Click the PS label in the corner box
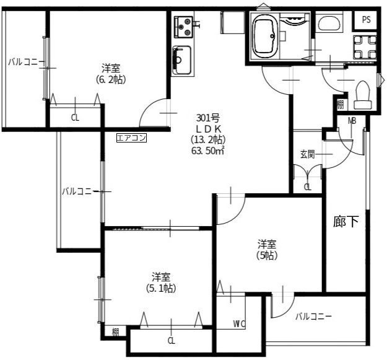pyautogui.click(x=367, y=19)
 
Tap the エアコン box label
pyautogui.click(x=131, y=138)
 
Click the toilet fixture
pyautogui.click(x=363, y=95)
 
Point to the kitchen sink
pyautogui.click(x=182, y=60)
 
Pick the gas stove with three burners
pyautogui.click(x=183, y=27)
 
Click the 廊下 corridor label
pyautogui.click(x=346, y=221)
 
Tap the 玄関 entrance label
pyautogui.click(x=308, y=154)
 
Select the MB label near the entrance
pyautogui.click(x=352, y=121)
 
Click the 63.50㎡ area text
pyautogui.click(x=208, y=151)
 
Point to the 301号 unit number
pyautogui.click(x=208, y=118)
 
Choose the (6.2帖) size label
pyautogui.click(x=111, y=79)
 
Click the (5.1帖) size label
pyautogui.click(x=161, y=288)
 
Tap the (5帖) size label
pyautogui.click(x=267, y=255)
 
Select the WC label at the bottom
pyautogui.click(x=239, y=323)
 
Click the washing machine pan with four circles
pyautogui.click(x=365, y=47)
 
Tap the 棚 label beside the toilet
pyautogui.click(x=341, y=105)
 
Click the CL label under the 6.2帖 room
pyautogui.click(x=75, y=118)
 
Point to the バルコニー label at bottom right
pyautogui.click(x=313, y=316)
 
